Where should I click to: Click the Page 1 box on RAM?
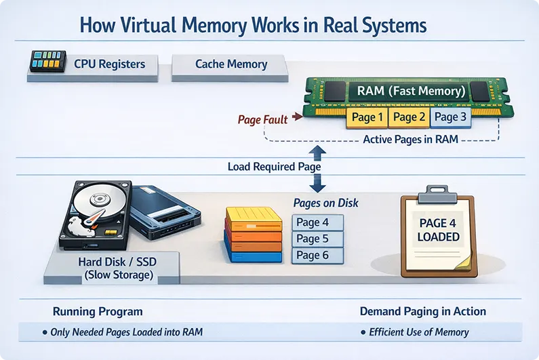pyautogui.click(x=367, y=118)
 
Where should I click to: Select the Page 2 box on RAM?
pyautogui.click(x=410, y=118)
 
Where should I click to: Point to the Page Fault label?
pyautogui.click(x=262, y=119)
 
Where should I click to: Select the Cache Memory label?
pyautogui.click(x=231, y=64)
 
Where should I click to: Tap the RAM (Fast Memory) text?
pyautogui.click(x=406, y=90)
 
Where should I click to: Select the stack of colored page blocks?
pyautogui.click(x=252, y=235)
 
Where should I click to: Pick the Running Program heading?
pyautogui.click(x=98, y=311)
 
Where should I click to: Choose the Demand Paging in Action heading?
pyautogui.click(x=422, y=311)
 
